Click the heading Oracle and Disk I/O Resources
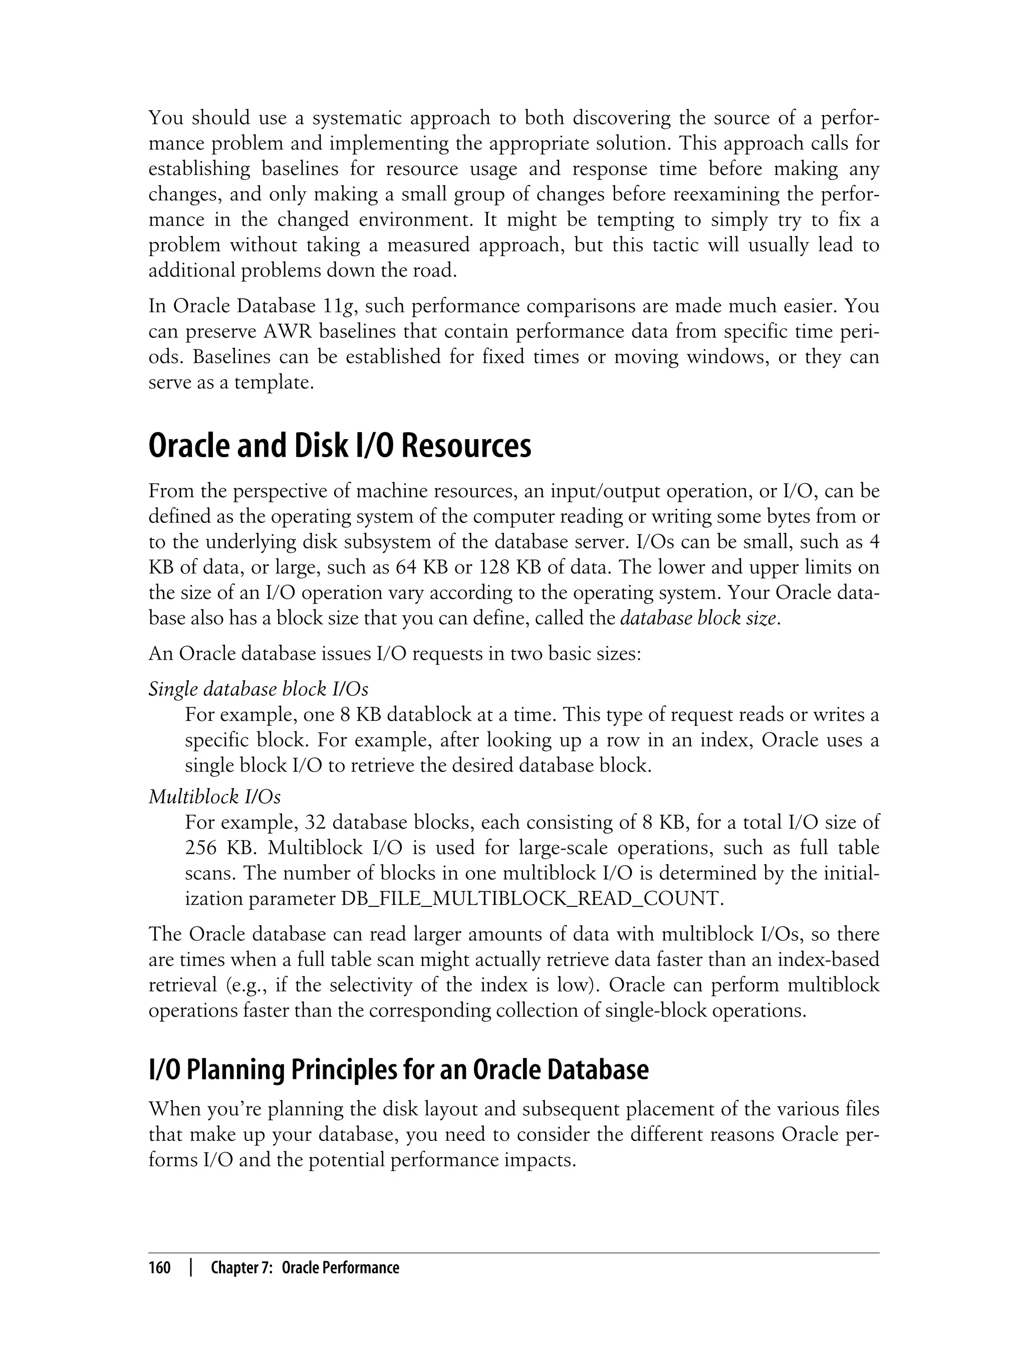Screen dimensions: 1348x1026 tap(340, 447)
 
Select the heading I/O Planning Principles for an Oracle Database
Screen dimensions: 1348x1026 tap(398, 1069)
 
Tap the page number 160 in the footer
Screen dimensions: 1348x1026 tap(159, 1268)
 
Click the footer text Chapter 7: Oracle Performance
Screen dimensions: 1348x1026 tap(305, 1268)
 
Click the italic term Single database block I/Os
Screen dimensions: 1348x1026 tap(259, 689)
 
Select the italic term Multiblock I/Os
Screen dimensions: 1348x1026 tap(214, 797)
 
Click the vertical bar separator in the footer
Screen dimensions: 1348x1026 tap(191, 1268)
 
